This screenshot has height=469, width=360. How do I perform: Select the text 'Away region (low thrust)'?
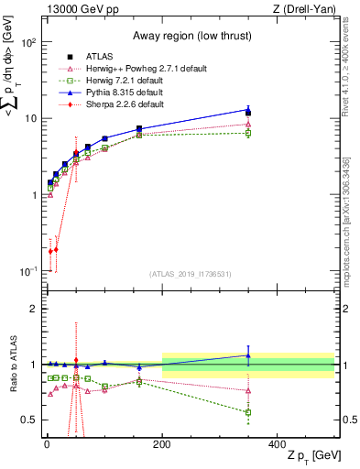click(134, 38)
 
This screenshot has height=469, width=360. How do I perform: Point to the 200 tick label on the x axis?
click(162, 443)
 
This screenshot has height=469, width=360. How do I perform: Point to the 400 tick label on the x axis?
click(278, 443)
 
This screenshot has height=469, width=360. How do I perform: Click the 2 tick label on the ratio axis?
click(34, 309)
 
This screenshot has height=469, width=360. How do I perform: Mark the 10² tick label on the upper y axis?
click(27, 43)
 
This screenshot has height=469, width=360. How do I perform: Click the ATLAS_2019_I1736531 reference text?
click(190, 274)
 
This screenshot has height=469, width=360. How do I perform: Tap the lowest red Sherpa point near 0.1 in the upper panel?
click(49, 250)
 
